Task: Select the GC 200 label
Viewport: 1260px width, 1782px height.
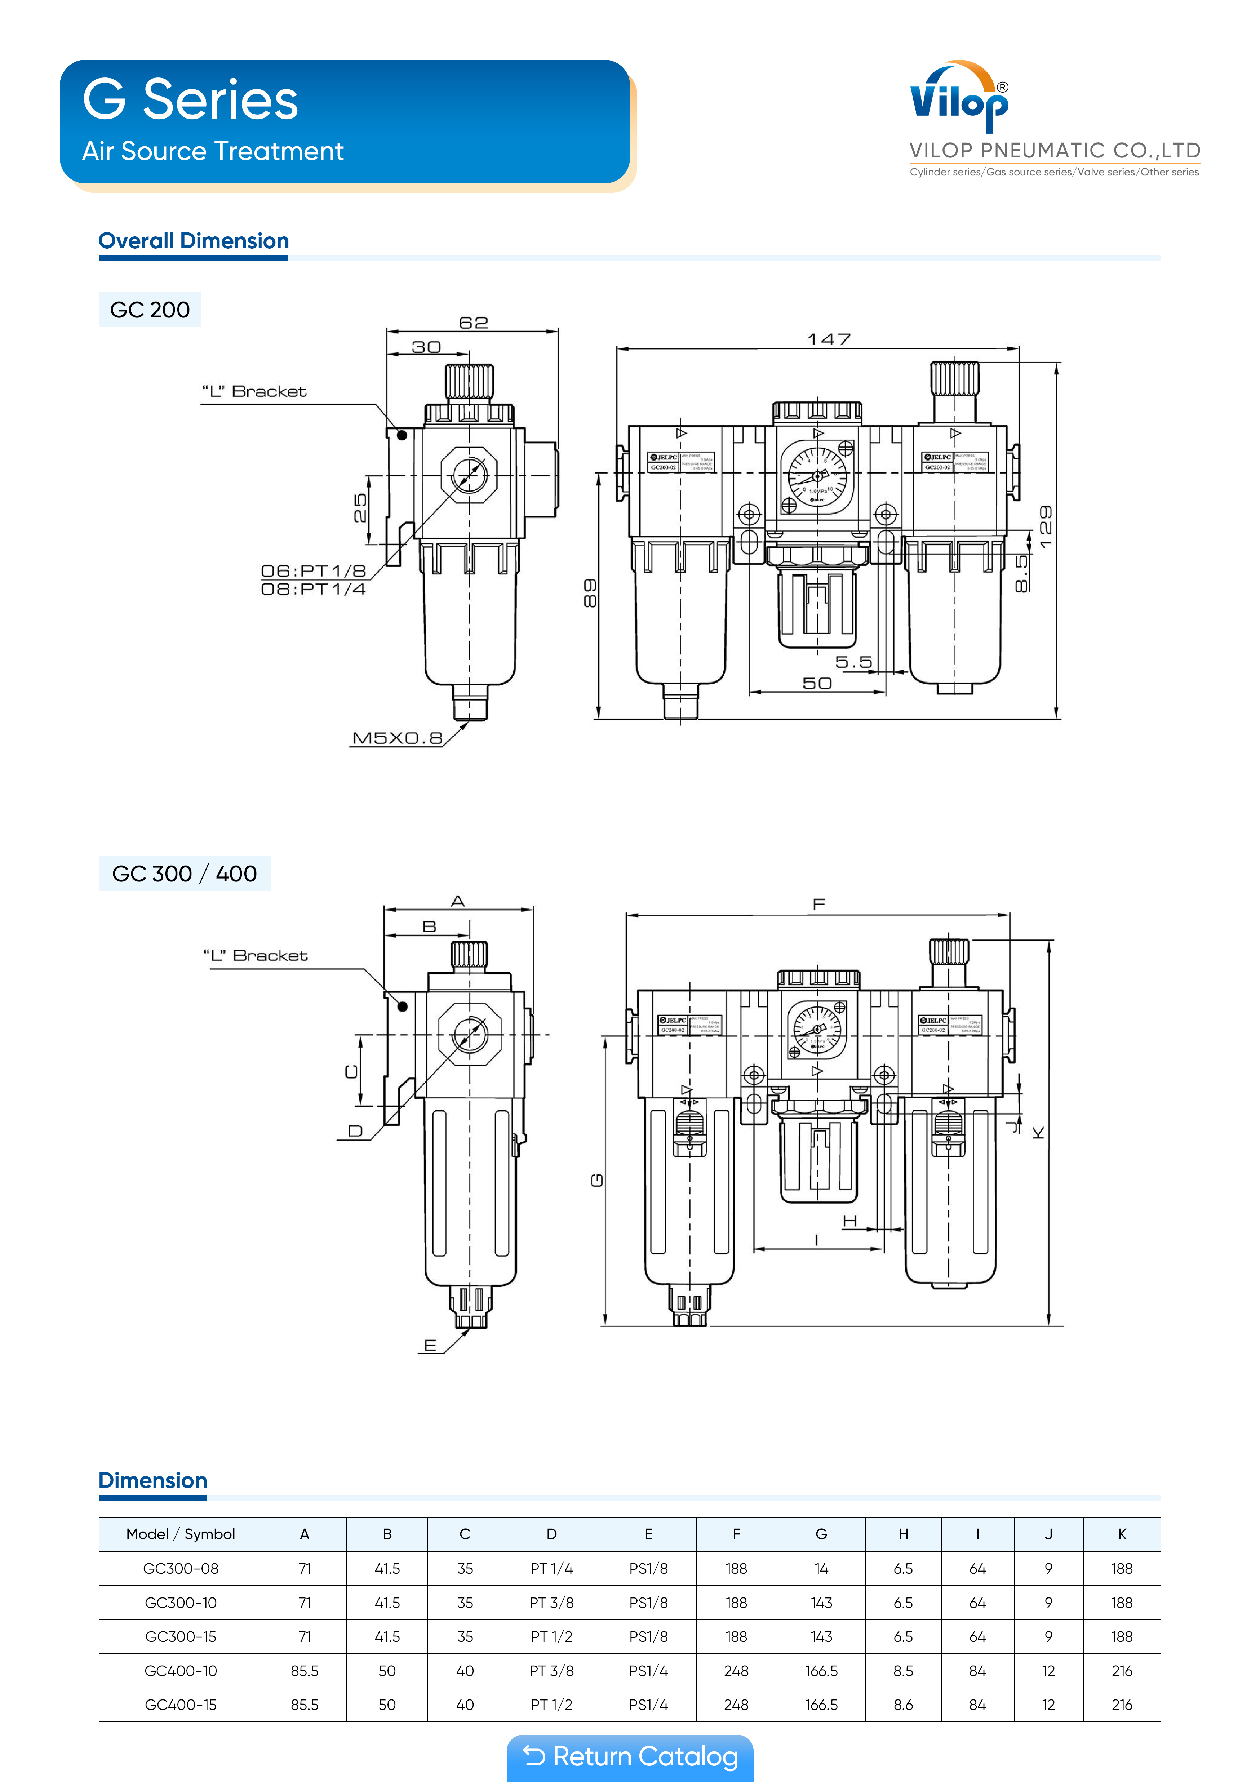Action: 150,310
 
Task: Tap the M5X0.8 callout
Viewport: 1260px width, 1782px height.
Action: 397,738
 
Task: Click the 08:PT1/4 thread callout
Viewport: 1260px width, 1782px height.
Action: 313,589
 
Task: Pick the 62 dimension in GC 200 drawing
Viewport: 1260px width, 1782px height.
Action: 474,322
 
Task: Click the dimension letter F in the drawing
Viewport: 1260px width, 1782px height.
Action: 818,904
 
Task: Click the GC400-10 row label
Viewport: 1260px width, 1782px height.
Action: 181,1671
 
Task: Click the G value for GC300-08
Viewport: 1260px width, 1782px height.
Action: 821,1569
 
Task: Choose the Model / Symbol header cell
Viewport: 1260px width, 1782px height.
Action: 181,1534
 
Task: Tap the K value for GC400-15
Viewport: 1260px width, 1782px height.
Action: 1122,1705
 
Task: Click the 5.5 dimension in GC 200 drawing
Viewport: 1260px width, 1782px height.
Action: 853,662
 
